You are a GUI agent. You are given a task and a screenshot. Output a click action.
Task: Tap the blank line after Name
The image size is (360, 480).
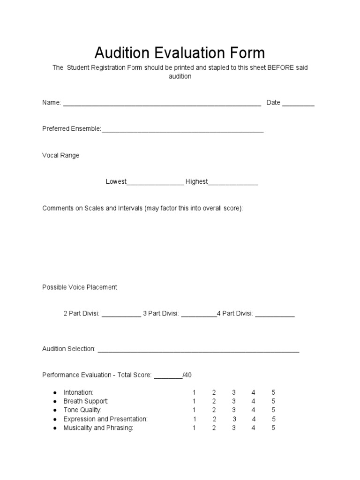click(x=162, y=103)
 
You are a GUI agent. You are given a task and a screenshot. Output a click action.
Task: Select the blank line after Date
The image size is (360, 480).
click(x=298, y=103)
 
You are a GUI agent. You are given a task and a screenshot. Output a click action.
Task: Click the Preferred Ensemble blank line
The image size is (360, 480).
click(x=182, y=129)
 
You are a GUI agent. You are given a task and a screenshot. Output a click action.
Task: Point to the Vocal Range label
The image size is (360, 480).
click(x=61, y=155)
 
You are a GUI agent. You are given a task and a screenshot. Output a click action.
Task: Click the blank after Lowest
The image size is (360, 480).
click(x=155, y=182)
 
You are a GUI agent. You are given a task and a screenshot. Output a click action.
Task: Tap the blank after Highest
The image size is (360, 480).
click(x=233, y=182)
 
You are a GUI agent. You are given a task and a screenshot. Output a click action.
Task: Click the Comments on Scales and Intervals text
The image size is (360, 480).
click(x=142, y=208)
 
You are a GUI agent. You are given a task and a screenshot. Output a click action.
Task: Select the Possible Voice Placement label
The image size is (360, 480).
click(x=80, y=287)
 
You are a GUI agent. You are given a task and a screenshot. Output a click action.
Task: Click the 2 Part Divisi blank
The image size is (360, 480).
click(x=121, y=315)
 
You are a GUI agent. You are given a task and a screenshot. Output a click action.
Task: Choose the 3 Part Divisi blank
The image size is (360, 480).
click(x=198, y=315)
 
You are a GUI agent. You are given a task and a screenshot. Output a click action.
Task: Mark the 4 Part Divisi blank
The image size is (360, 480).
click(x=275, y=315)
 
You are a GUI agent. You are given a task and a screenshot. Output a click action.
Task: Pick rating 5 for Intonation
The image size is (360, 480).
click(x=273, y=392)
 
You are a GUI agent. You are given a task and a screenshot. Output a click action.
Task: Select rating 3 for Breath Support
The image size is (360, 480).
click(x=233, y=401)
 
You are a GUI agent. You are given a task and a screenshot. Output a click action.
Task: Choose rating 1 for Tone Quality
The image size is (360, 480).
click(x=194, y=410)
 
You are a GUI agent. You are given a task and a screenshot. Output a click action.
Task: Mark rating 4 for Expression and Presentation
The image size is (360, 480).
click(x=254, y=419)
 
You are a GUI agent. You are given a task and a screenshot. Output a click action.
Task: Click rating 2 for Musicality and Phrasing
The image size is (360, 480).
click(x=214, y=428)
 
